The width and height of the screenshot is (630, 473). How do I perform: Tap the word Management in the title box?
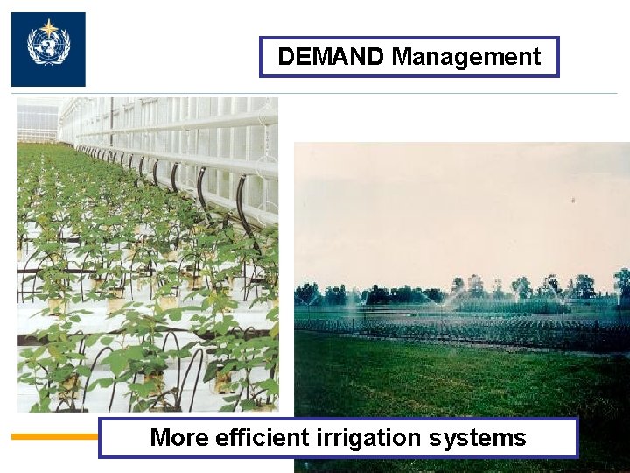tap(466, 58)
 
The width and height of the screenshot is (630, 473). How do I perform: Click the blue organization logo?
tap(48, 49)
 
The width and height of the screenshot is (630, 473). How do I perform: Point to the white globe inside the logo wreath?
tap(48, 48)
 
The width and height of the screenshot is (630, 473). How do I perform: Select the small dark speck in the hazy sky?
tap(573, 201)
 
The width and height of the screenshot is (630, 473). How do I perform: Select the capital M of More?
tap(160, 437)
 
